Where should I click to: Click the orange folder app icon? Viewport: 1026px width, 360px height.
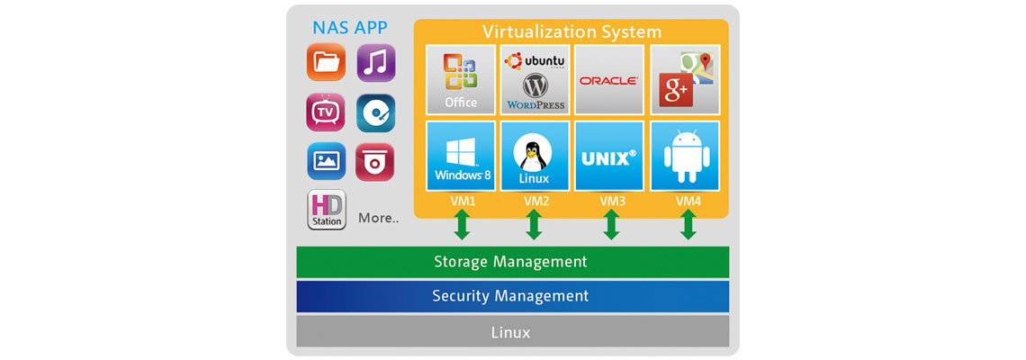[326, 63]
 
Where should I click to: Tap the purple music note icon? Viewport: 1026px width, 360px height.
[376, 63]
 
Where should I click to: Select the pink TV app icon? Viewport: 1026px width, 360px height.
[326, 112]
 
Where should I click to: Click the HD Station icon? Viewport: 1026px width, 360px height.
[327, 210]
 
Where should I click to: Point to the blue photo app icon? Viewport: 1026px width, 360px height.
[326, 161]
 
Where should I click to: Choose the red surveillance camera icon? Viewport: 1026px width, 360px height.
[375, 161]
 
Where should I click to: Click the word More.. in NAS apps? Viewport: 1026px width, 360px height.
[378, 218]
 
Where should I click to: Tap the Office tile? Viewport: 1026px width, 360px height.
[461, 79]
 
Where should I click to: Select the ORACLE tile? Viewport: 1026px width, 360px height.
[609, 79]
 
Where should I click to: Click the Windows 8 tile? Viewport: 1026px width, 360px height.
[461, 155]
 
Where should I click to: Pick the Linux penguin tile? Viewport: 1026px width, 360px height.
[534, 155]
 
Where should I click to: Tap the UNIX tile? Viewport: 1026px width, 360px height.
[609, 155]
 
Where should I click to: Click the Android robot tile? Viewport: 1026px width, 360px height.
[685, 155]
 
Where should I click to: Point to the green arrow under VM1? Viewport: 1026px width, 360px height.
[462, 226]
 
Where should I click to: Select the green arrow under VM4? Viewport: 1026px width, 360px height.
[688, 226]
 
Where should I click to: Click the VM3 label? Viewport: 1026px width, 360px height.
[612, 202]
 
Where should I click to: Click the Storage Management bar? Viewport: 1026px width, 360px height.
[512, 262]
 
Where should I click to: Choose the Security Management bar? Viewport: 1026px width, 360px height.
[512, 296]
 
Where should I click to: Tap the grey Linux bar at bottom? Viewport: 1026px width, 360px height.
[512, 332]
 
